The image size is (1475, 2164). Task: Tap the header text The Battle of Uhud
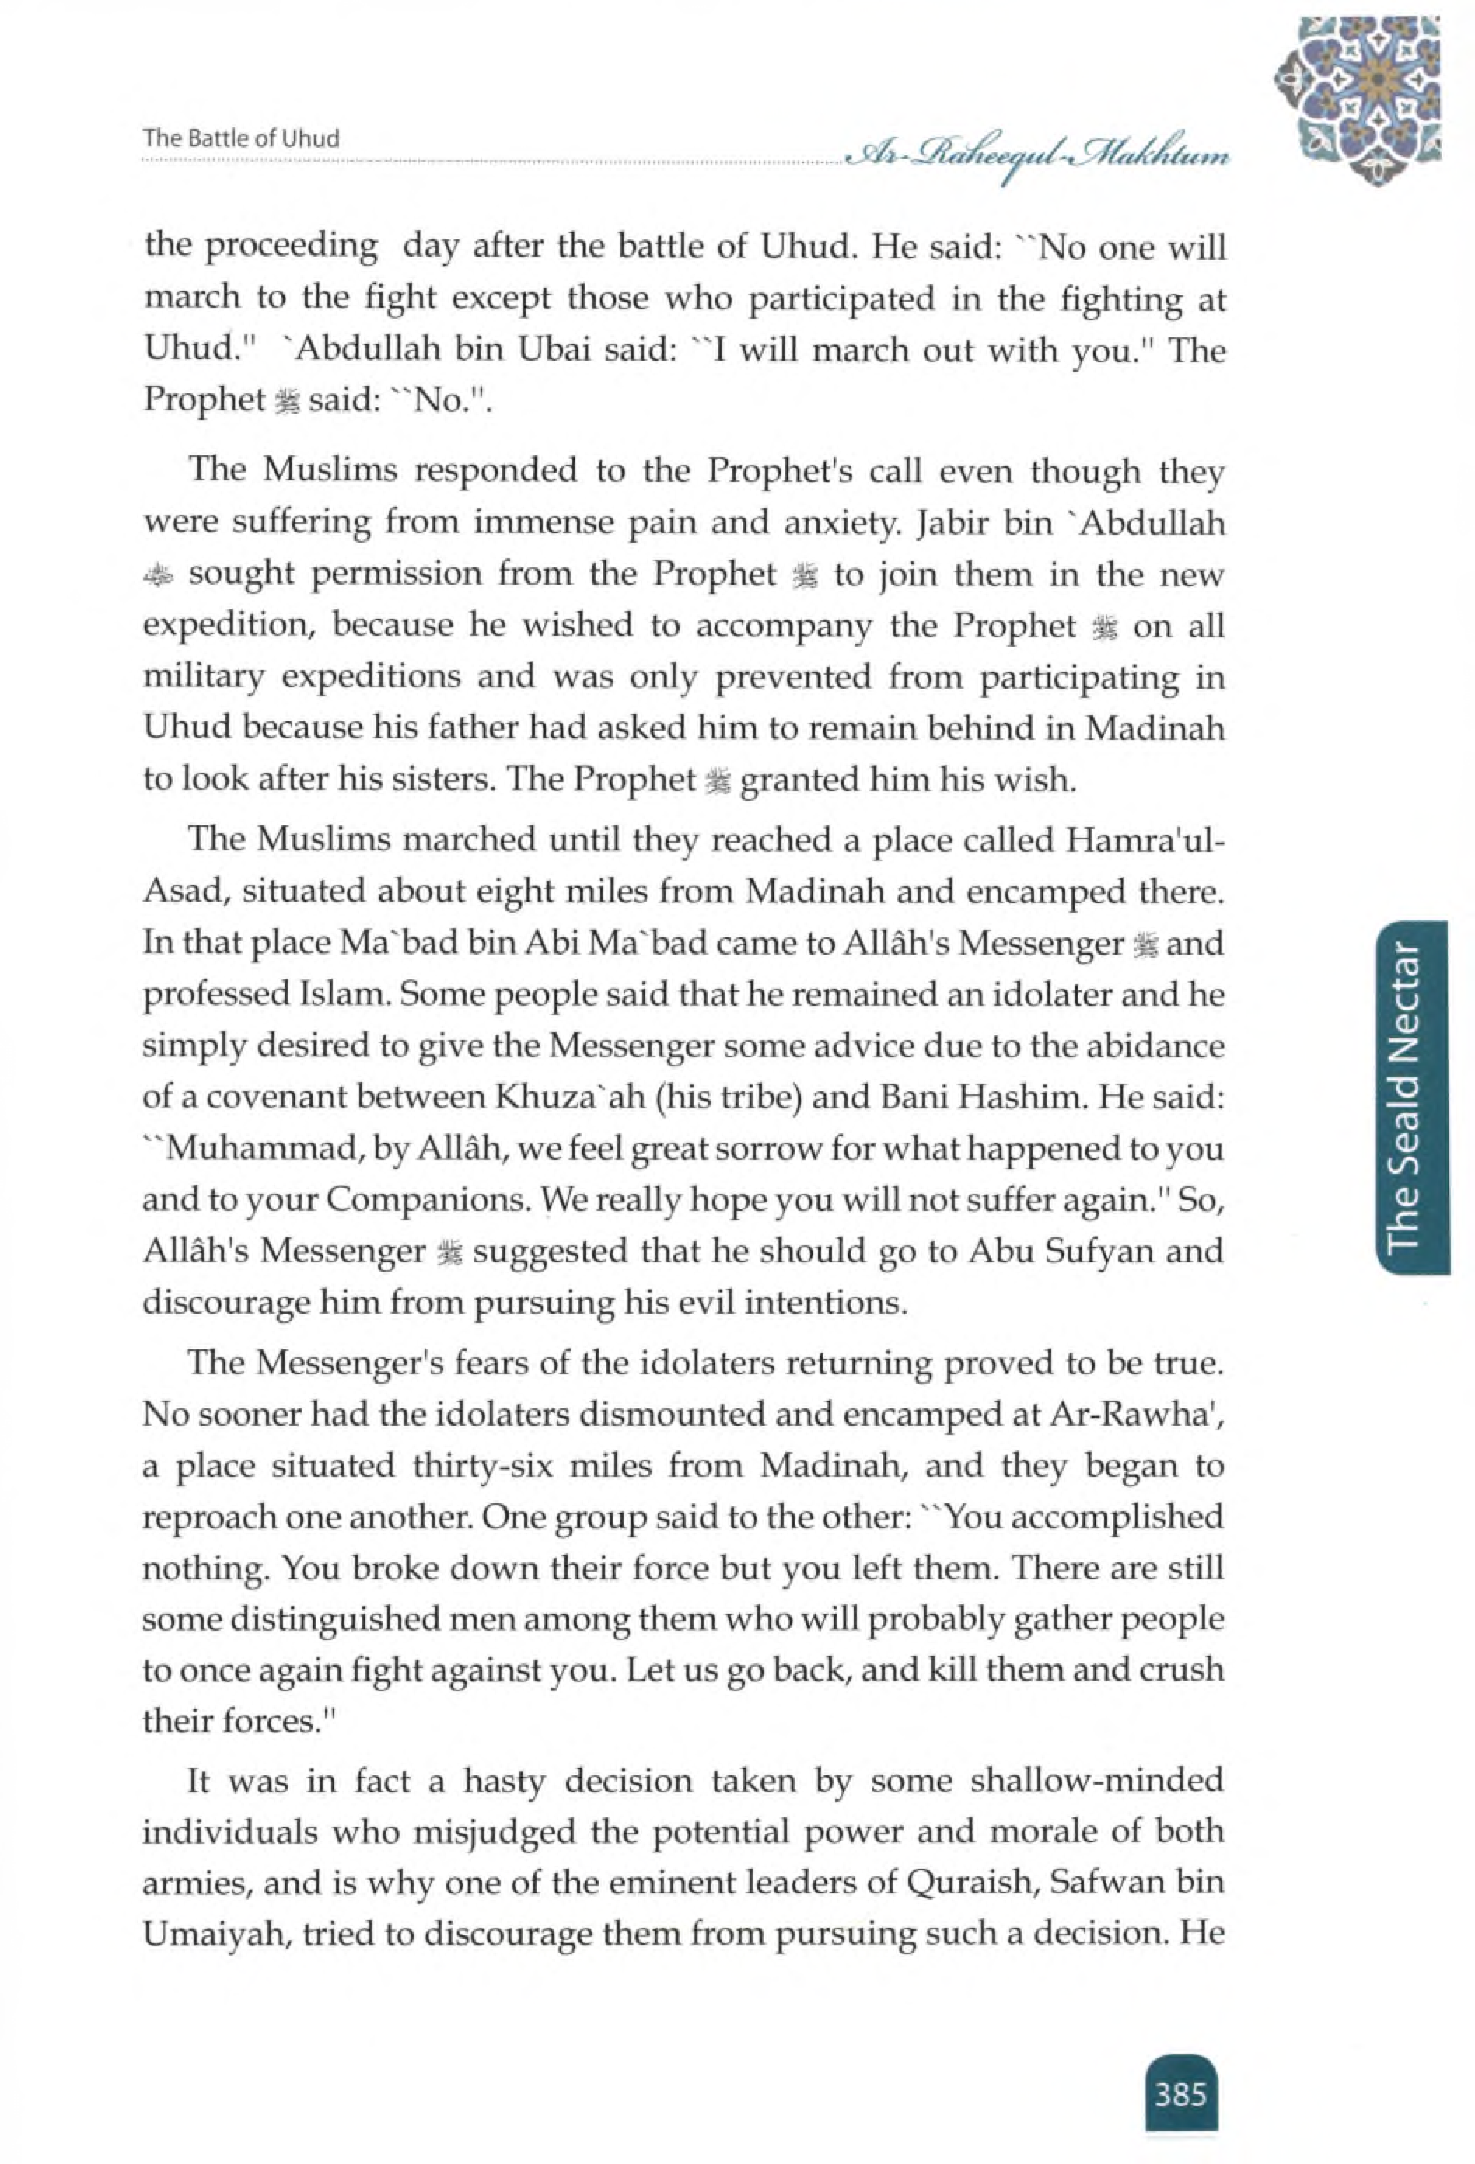click(x=241, y=138)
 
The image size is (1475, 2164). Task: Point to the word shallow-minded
click(x=1097, y=1779)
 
